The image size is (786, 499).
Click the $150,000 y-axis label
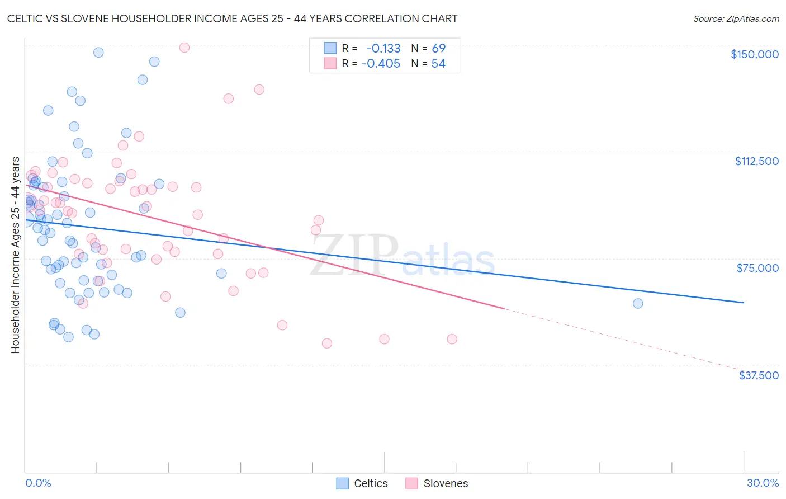754,54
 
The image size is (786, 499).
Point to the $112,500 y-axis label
756,161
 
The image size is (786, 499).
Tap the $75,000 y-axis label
757,268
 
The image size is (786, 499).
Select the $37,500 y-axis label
759,375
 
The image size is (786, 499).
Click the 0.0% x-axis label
38,483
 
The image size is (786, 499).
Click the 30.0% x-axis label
763,483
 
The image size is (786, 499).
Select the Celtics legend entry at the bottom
362,483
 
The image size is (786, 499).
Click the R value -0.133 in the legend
383,48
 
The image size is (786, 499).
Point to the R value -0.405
381,64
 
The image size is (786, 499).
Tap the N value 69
438,48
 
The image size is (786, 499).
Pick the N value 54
438,64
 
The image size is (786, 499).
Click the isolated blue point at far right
638,304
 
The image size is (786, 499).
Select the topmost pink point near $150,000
184,48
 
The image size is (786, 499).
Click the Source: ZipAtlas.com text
736,19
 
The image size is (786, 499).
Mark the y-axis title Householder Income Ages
15,255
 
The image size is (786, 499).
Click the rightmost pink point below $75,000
452,339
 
